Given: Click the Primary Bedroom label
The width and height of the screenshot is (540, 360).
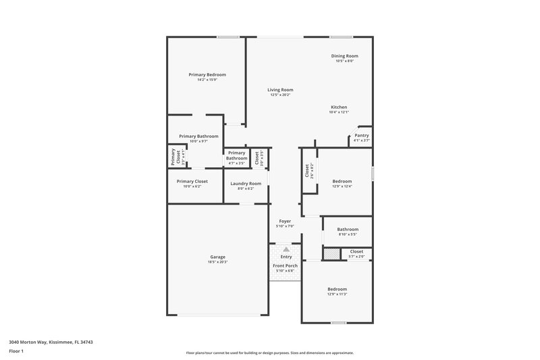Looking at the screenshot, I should click(207, 74).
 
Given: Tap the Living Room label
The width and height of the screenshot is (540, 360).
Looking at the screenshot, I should click(280, 90).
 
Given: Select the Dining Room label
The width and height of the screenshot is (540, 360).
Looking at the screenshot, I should click(344, 56).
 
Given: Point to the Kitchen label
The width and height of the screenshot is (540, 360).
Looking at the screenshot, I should click(339, 107).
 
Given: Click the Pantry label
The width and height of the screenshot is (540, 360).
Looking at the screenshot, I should click(361, 135).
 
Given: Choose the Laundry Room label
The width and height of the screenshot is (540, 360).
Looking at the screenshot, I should click(246, 184).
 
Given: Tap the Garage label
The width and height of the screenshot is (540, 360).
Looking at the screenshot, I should click(217, 257).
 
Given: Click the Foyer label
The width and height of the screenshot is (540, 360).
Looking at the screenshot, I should click(285, 221).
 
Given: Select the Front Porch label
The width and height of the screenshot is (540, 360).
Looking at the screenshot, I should click(285, 265).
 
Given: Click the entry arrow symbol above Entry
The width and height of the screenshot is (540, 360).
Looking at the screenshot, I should click(286, 249).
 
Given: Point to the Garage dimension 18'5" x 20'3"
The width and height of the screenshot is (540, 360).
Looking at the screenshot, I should click(217, 262).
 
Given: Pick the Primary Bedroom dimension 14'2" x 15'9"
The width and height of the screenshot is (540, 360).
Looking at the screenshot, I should click(207, 80).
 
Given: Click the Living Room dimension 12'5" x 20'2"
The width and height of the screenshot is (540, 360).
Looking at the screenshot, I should click(280, 95).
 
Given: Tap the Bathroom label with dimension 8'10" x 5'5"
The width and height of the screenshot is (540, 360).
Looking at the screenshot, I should click(348, 229).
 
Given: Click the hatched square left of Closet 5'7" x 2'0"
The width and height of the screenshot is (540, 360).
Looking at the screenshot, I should click(331, 253).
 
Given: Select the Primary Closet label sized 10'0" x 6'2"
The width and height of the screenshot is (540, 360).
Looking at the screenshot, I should click(192, 181).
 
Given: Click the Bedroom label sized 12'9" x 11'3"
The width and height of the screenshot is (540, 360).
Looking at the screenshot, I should click(337, 288).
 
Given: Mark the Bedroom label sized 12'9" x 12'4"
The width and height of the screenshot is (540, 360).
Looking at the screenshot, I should click(342, 181).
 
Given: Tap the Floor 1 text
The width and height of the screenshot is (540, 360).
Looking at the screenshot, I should click(17, 352).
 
